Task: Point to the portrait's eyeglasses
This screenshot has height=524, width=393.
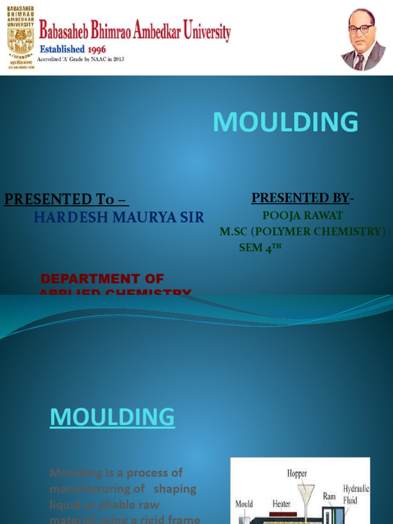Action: [361, 29]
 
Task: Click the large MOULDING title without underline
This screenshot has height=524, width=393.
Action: [285, 122]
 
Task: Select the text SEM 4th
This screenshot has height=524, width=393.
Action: [260, 248]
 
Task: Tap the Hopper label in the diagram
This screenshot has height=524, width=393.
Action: [297, 474]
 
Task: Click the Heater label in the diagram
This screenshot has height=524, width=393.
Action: [281, 504]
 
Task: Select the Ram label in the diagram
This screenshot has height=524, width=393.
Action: [329, 496]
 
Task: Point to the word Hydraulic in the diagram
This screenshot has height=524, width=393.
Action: [356, 489]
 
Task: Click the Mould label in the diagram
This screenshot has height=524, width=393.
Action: [244, 504]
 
